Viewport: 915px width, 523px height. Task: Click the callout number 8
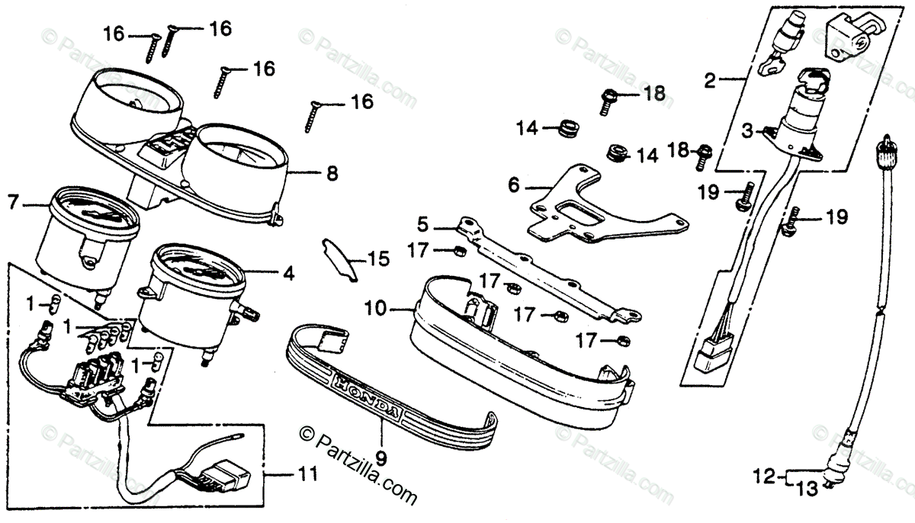[x=331, y=174]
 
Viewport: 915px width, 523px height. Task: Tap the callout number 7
[x=12, y=204]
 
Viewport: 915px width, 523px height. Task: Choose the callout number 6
[x=513, y=185]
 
